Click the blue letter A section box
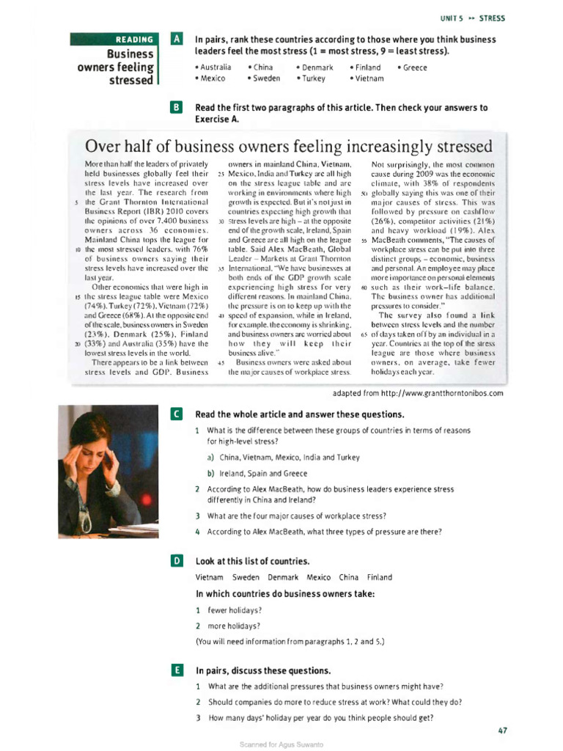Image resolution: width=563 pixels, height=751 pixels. [x=175, y=39]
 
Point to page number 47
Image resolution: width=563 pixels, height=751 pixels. [x=501, y=730]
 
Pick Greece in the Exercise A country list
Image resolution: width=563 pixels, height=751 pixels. [x=412, y=67]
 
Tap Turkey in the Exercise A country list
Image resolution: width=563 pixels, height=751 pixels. [x=312, y=78]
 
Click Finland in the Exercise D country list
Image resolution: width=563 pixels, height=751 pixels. [x=379, y=577]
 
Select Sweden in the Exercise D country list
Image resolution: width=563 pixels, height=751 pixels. [x=246, y=577]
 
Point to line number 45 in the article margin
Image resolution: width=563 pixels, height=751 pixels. [x=221, y=363]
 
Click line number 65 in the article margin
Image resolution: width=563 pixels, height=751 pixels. [x=364, y=334]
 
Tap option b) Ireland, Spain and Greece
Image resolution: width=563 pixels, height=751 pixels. [x=257, y=473]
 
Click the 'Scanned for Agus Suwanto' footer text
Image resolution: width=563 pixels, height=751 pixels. [x=281, y=744]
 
